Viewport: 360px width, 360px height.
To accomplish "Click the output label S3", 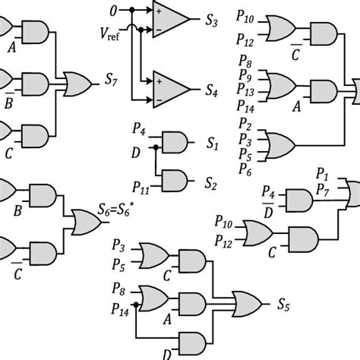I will (213, 24).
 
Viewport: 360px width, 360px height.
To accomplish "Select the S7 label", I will (111, 80).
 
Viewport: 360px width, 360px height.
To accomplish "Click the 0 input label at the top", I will (114, 11).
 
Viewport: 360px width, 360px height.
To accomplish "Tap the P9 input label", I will (245, 78).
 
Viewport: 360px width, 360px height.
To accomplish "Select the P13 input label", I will (246, 92).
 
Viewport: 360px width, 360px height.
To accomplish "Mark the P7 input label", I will (322, 188).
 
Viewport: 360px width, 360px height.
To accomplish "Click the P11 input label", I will (141, 183).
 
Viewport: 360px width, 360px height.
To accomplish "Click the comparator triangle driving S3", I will (171, 18).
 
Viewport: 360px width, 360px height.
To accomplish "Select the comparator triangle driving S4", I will (171, 87).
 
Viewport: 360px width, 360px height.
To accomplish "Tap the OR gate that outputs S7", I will (78, 81).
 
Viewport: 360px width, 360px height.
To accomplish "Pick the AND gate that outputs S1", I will (175, 141).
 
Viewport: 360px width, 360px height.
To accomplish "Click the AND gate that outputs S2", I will (175, 181).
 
